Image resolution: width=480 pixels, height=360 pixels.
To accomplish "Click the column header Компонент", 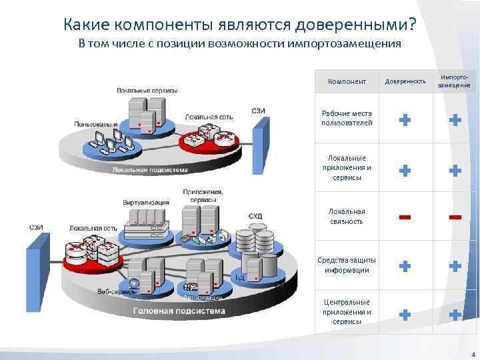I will tap(347, 81).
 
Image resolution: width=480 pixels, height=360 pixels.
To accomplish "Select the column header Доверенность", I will tap(405, 81).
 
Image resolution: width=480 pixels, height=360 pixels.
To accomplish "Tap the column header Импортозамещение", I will tap(455, 81).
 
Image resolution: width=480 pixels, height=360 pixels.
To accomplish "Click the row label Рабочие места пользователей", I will tap(347, 118).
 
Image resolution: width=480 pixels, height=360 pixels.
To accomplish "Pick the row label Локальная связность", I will tap(347, 216).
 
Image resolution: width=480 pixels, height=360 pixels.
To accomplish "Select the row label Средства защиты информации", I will tap(347, 265).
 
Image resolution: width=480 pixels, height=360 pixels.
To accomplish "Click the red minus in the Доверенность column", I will tap(405, 217).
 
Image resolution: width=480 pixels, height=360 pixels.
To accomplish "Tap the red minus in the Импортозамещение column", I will tap(455, 217).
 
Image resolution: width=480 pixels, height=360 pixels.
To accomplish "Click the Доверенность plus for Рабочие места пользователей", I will tap(405, 120).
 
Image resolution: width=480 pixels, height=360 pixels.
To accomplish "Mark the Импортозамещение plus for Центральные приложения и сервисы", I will tap(455, 314).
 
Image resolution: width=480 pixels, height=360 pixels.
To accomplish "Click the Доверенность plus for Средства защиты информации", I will tap(405, 266).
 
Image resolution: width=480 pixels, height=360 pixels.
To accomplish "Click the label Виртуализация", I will tap(146, 202).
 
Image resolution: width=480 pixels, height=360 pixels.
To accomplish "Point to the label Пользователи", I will tap(96, 124).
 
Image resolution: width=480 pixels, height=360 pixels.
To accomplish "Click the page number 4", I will tap(473, 354).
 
